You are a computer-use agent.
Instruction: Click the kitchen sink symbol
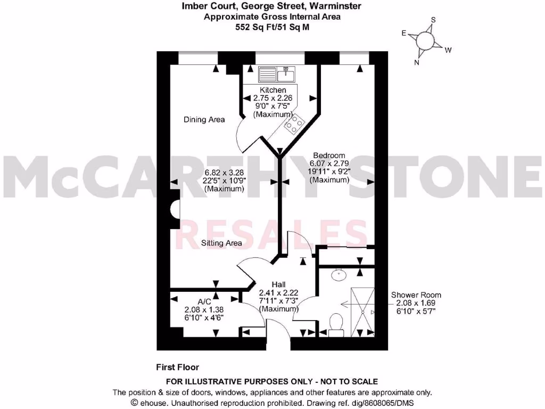(x=280, y=73)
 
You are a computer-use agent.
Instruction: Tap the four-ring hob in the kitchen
(x=294, y=125)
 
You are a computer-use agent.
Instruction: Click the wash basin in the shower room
(x=337, y=275)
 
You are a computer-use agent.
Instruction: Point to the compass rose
(x=425, y=40)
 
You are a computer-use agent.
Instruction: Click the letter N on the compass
(x=417, y=62)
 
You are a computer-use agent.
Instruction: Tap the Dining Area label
(x=204, y=119)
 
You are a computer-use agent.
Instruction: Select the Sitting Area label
(x=221, y=243)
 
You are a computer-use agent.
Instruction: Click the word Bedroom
(x=329, y=156)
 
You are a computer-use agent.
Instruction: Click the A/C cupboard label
(x=190, y=301)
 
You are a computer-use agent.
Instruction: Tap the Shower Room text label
(x=416, y=295)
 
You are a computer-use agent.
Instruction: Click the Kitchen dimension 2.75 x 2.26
(x=272, y=98)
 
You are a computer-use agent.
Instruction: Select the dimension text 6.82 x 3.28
(x=224, y=173)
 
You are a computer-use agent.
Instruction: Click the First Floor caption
(x=177, y=367)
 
